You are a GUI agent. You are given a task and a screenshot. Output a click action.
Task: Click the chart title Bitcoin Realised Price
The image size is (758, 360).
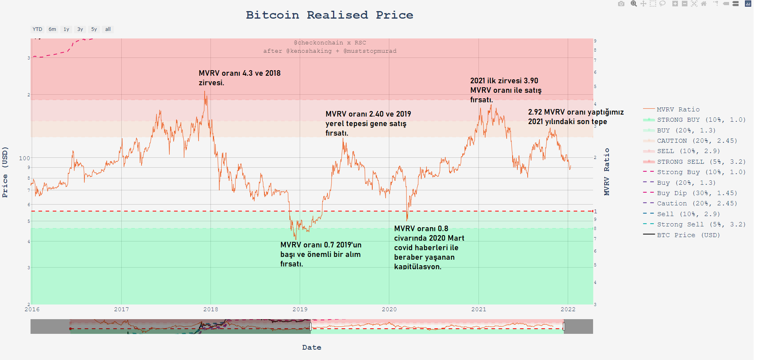coord(329,15)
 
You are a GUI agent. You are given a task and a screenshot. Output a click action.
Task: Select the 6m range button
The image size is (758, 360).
coord(52,29)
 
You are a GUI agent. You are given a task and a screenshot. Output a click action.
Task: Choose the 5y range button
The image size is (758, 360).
coord(94,29)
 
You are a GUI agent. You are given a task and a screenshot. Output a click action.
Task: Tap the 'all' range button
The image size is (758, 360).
coord(108,29)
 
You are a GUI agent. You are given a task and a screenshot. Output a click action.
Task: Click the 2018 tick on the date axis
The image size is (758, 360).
coord(211,309)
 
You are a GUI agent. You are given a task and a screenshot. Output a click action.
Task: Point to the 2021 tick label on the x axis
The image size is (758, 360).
coord(479,309)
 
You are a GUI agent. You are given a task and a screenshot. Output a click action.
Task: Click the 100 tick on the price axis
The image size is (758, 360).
coord(24,158)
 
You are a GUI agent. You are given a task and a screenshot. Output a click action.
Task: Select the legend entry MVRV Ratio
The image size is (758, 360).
coord(678,109)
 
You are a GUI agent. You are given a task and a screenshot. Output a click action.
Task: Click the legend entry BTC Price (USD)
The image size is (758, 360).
coord(688,235)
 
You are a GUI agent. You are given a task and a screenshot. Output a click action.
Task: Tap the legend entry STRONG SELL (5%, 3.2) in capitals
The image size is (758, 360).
coord(701,162)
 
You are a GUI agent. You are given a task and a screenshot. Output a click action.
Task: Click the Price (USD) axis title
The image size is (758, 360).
coord(5,172)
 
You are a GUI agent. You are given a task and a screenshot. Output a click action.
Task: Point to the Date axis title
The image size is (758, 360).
coord(312,347)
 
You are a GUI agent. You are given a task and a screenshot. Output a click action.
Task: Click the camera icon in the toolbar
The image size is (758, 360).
coord(621,4)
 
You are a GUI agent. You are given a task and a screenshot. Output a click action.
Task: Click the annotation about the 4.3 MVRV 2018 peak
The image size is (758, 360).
coord(239,78)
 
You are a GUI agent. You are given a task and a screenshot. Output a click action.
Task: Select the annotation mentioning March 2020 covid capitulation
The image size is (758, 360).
coord(429,247)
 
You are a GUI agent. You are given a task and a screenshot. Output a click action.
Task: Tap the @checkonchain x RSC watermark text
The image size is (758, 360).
coord(330,43)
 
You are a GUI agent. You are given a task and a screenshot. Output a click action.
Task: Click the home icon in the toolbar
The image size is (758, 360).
coord(704,4)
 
